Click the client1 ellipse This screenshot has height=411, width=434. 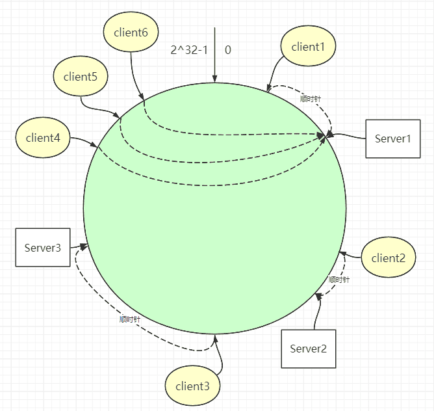(308, 46)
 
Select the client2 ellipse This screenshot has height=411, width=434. (389, 257)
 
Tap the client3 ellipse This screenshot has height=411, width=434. (192, 386)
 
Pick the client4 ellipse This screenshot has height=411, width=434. (43, 137)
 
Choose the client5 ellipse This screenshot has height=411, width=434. (81, 76)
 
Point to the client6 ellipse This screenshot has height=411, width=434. (131, 32)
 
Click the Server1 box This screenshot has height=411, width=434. (393, 139)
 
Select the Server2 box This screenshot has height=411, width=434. (309, 349)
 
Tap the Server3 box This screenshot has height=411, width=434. (43, 247)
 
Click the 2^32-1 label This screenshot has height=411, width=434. (189, 50)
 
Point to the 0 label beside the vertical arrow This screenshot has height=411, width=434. (228, 50)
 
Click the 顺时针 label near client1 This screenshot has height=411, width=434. (311, 99)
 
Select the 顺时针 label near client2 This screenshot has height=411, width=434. (339, 280)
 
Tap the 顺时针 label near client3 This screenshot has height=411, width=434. (130, 319)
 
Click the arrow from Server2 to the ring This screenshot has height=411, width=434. (318, 311)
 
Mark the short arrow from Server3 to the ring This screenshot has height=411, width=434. (79, 246)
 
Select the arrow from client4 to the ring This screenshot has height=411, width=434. (84, 140)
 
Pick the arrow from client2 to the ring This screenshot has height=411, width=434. (350, 255)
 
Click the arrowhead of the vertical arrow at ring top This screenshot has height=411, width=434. (214, 79)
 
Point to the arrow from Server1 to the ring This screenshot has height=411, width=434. (346, 136)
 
